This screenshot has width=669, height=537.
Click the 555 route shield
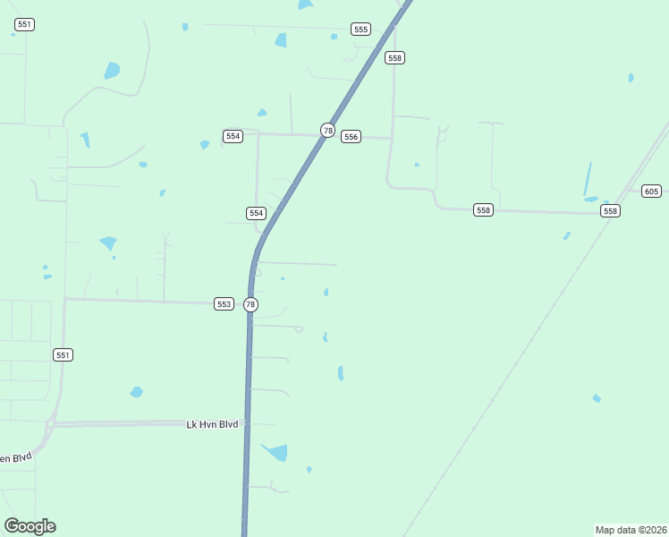pyautogui.click(x=360, y=30)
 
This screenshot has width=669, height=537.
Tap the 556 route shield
pyautogui.click(x=351, y=137)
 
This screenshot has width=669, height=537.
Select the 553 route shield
pyautogui.click(x=224, y=304)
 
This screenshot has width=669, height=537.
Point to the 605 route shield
pyautogui.click(x=651, y=192)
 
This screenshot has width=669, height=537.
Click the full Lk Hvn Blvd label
pyautogui.click(x=212, y=424)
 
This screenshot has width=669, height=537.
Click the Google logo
pyautogui.click(x=30, y=526)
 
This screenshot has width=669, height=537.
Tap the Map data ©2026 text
pyautogui.click(x=631, y=529)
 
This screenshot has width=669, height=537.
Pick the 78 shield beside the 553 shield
pyautogui.click(x=250, y=304)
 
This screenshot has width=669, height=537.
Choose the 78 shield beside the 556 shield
pyautogui.click(x=328, y=131)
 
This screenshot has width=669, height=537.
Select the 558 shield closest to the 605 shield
pyautogui.click(x=610, y=211)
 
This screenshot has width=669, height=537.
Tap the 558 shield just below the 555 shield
pyautogui.click(x=394, y=57)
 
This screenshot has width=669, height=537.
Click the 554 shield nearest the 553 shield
pyautogui.click(x=256, y=213)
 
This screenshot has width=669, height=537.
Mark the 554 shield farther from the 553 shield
pyautogui.click(x=233, y=136)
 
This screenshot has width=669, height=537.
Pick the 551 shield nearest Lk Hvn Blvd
pyautogui.click(x=62, y=355)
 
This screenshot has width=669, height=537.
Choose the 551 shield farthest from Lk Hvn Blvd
pyautogui.click(x=24, y=24)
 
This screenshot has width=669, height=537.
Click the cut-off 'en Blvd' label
pyautogui.click(x=15, y=458)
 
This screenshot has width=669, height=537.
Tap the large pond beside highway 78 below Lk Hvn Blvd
pyautogui.click(x=276, y=452)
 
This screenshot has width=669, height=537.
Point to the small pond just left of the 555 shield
pyautogui.click(x=334, y=37)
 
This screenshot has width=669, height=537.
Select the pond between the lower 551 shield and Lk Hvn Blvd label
pyautogui.click(x=136, y=392)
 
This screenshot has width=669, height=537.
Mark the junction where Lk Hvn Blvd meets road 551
pyautogui.click(x=54, y=423)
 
